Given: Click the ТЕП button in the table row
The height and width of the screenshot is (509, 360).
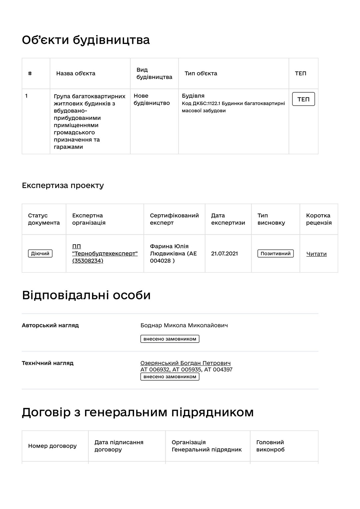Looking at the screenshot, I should click(303, 99).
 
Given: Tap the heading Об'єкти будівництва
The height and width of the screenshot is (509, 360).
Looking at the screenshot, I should click(86, 40).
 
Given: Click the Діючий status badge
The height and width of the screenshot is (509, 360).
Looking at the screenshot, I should click(40, 254).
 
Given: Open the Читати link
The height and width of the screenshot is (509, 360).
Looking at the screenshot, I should click(316, 254).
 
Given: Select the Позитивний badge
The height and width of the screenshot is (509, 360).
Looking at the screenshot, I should click(275, 254).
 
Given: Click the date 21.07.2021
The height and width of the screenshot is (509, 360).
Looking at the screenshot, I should click(224, 254).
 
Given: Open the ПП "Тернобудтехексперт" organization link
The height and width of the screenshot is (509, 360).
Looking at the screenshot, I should click(105, 254).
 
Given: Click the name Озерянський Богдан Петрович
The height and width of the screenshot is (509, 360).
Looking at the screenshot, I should click(185, 363).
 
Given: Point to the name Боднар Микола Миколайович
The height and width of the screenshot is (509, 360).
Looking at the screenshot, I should click(184, 325).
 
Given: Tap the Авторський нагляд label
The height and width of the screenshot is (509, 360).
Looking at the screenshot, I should click(50, 325).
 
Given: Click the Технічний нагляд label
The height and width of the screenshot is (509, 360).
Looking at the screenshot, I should click(48, 363).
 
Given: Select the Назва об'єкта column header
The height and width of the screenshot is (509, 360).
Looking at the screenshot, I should click(76, 73).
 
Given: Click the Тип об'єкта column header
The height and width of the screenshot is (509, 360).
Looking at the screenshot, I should click(201, 73).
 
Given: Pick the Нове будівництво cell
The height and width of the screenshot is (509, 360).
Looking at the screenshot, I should click(152, 99).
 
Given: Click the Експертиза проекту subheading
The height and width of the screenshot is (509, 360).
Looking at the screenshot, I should click(63, 185).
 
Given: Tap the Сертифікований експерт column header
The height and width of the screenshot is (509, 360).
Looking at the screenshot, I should click(174, 219).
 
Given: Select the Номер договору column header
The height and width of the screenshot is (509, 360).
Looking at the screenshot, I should click(52, 446).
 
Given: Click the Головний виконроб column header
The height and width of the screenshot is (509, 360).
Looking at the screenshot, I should click(270, 446).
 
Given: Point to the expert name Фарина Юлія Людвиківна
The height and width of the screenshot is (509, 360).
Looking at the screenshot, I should click(173, 253).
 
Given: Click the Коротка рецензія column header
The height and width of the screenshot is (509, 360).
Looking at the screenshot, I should click(319, 219).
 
